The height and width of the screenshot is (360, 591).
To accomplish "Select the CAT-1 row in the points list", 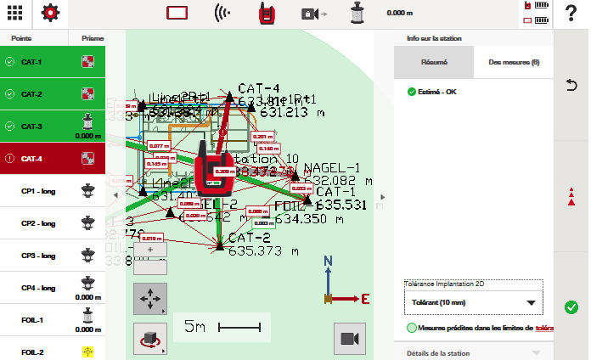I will [53, 62].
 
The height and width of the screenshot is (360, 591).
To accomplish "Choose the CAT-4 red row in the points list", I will [53, 158].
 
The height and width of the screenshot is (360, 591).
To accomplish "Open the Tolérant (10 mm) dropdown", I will [473, 303].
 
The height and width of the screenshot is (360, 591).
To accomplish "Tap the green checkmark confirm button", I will [571, 307].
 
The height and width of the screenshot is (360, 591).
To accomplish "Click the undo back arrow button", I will [571, 85].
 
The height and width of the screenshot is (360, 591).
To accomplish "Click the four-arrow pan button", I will [149, 300].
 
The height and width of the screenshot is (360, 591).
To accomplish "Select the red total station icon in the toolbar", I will [271, 14].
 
